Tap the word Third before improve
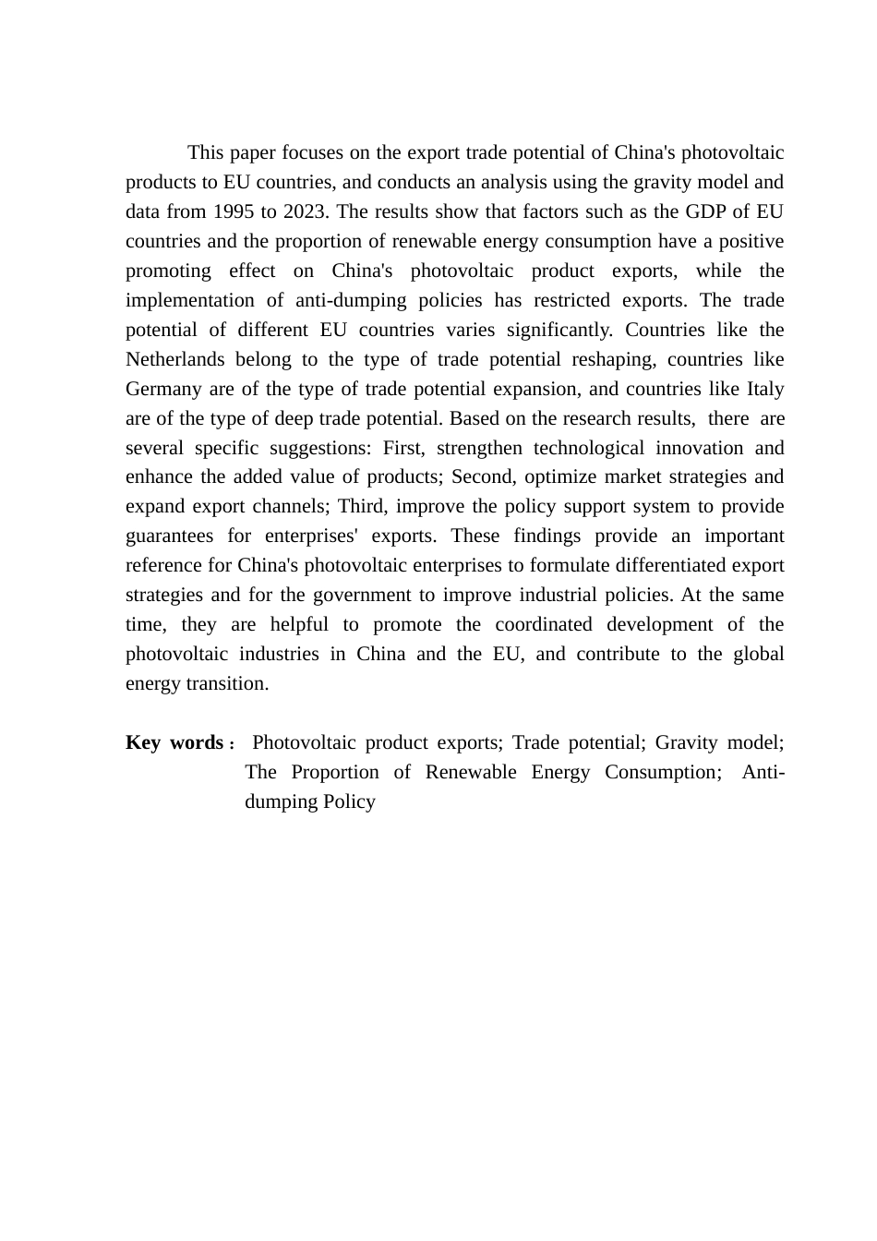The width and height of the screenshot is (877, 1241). (x=363, y=507)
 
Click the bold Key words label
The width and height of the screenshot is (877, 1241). (x=174, y=743)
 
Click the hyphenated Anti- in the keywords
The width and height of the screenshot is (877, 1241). (x=763, y=773)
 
